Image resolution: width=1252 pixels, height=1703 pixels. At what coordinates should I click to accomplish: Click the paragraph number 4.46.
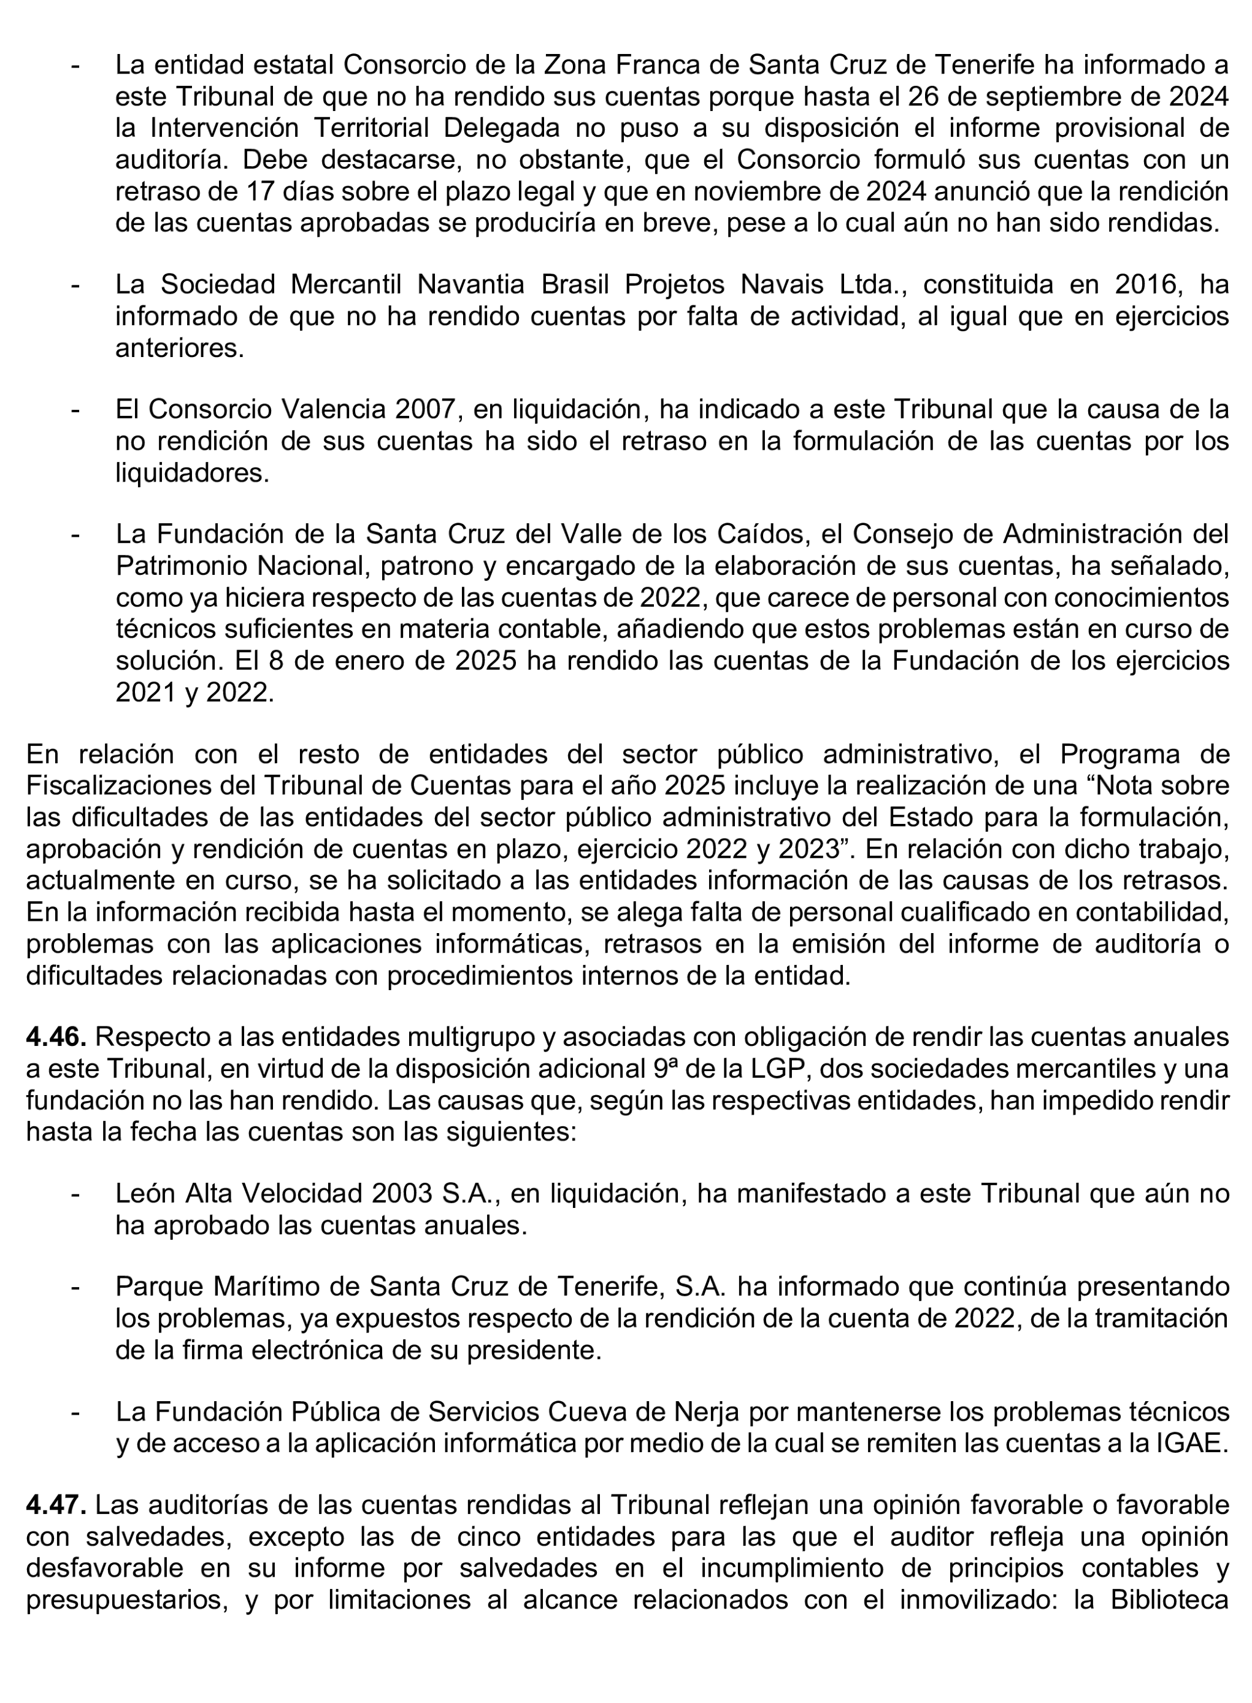click(x=56, y=1036)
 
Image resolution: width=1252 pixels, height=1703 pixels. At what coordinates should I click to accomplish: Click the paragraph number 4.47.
click(x=56, y=1504)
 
